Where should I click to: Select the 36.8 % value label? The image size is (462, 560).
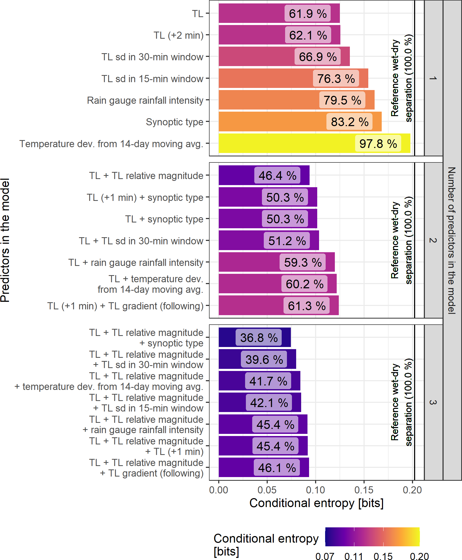tap(259, 338)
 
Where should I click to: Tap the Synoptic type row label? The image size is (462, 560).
tap(174, 122)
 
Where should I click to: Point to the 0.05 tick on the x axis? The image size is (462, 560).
tap(267, 490)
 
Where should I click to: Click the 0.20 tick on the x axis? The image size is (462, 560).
tap(412, 490)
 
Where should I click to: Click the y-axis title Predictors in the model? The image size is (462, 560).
tap(5, 240)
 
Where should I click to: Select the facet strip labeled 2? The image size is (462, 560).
tap(433, 240)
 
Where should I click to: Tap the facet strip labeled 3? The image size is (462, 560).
tap(433, 402)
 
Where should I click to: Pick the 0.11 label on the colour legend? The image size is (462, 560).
tap(354, 556)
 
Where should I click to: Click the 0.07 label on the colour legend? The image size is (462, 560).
tap(325, 556)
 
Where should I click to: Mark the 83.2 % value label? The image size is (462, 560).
tap(349, 122)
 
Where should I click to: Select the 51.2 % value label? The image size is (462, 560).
tap(287, 241)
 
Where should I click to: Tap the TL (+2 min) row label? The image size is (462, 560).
tap(178, 35)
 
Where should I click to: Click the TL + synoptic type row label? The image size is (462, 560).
tap(164, 219)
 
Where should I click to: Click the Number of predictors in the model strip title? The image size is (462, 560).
tap(452, 240)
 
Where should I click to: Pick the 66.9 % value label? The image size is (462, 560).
tap(317, 57)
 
